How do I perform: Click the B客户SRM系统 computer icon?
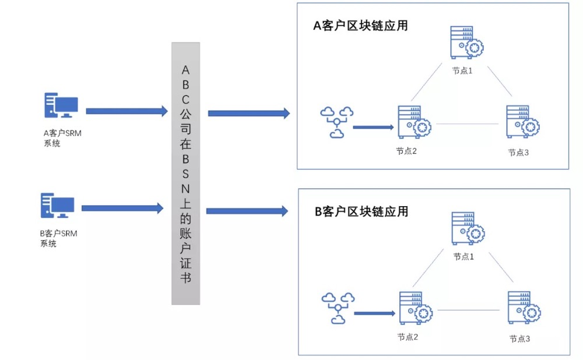[57, 207]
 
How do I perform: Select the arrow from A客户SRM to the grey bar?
[127, 111]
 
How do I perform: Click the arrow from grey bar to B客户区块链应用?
[247, 211]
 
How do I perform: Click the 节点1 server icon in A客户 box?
[466, 42]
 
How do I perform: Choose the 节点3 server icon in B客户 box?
[522, 308]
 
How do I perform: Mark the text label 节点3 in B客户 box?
[519, 339]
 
